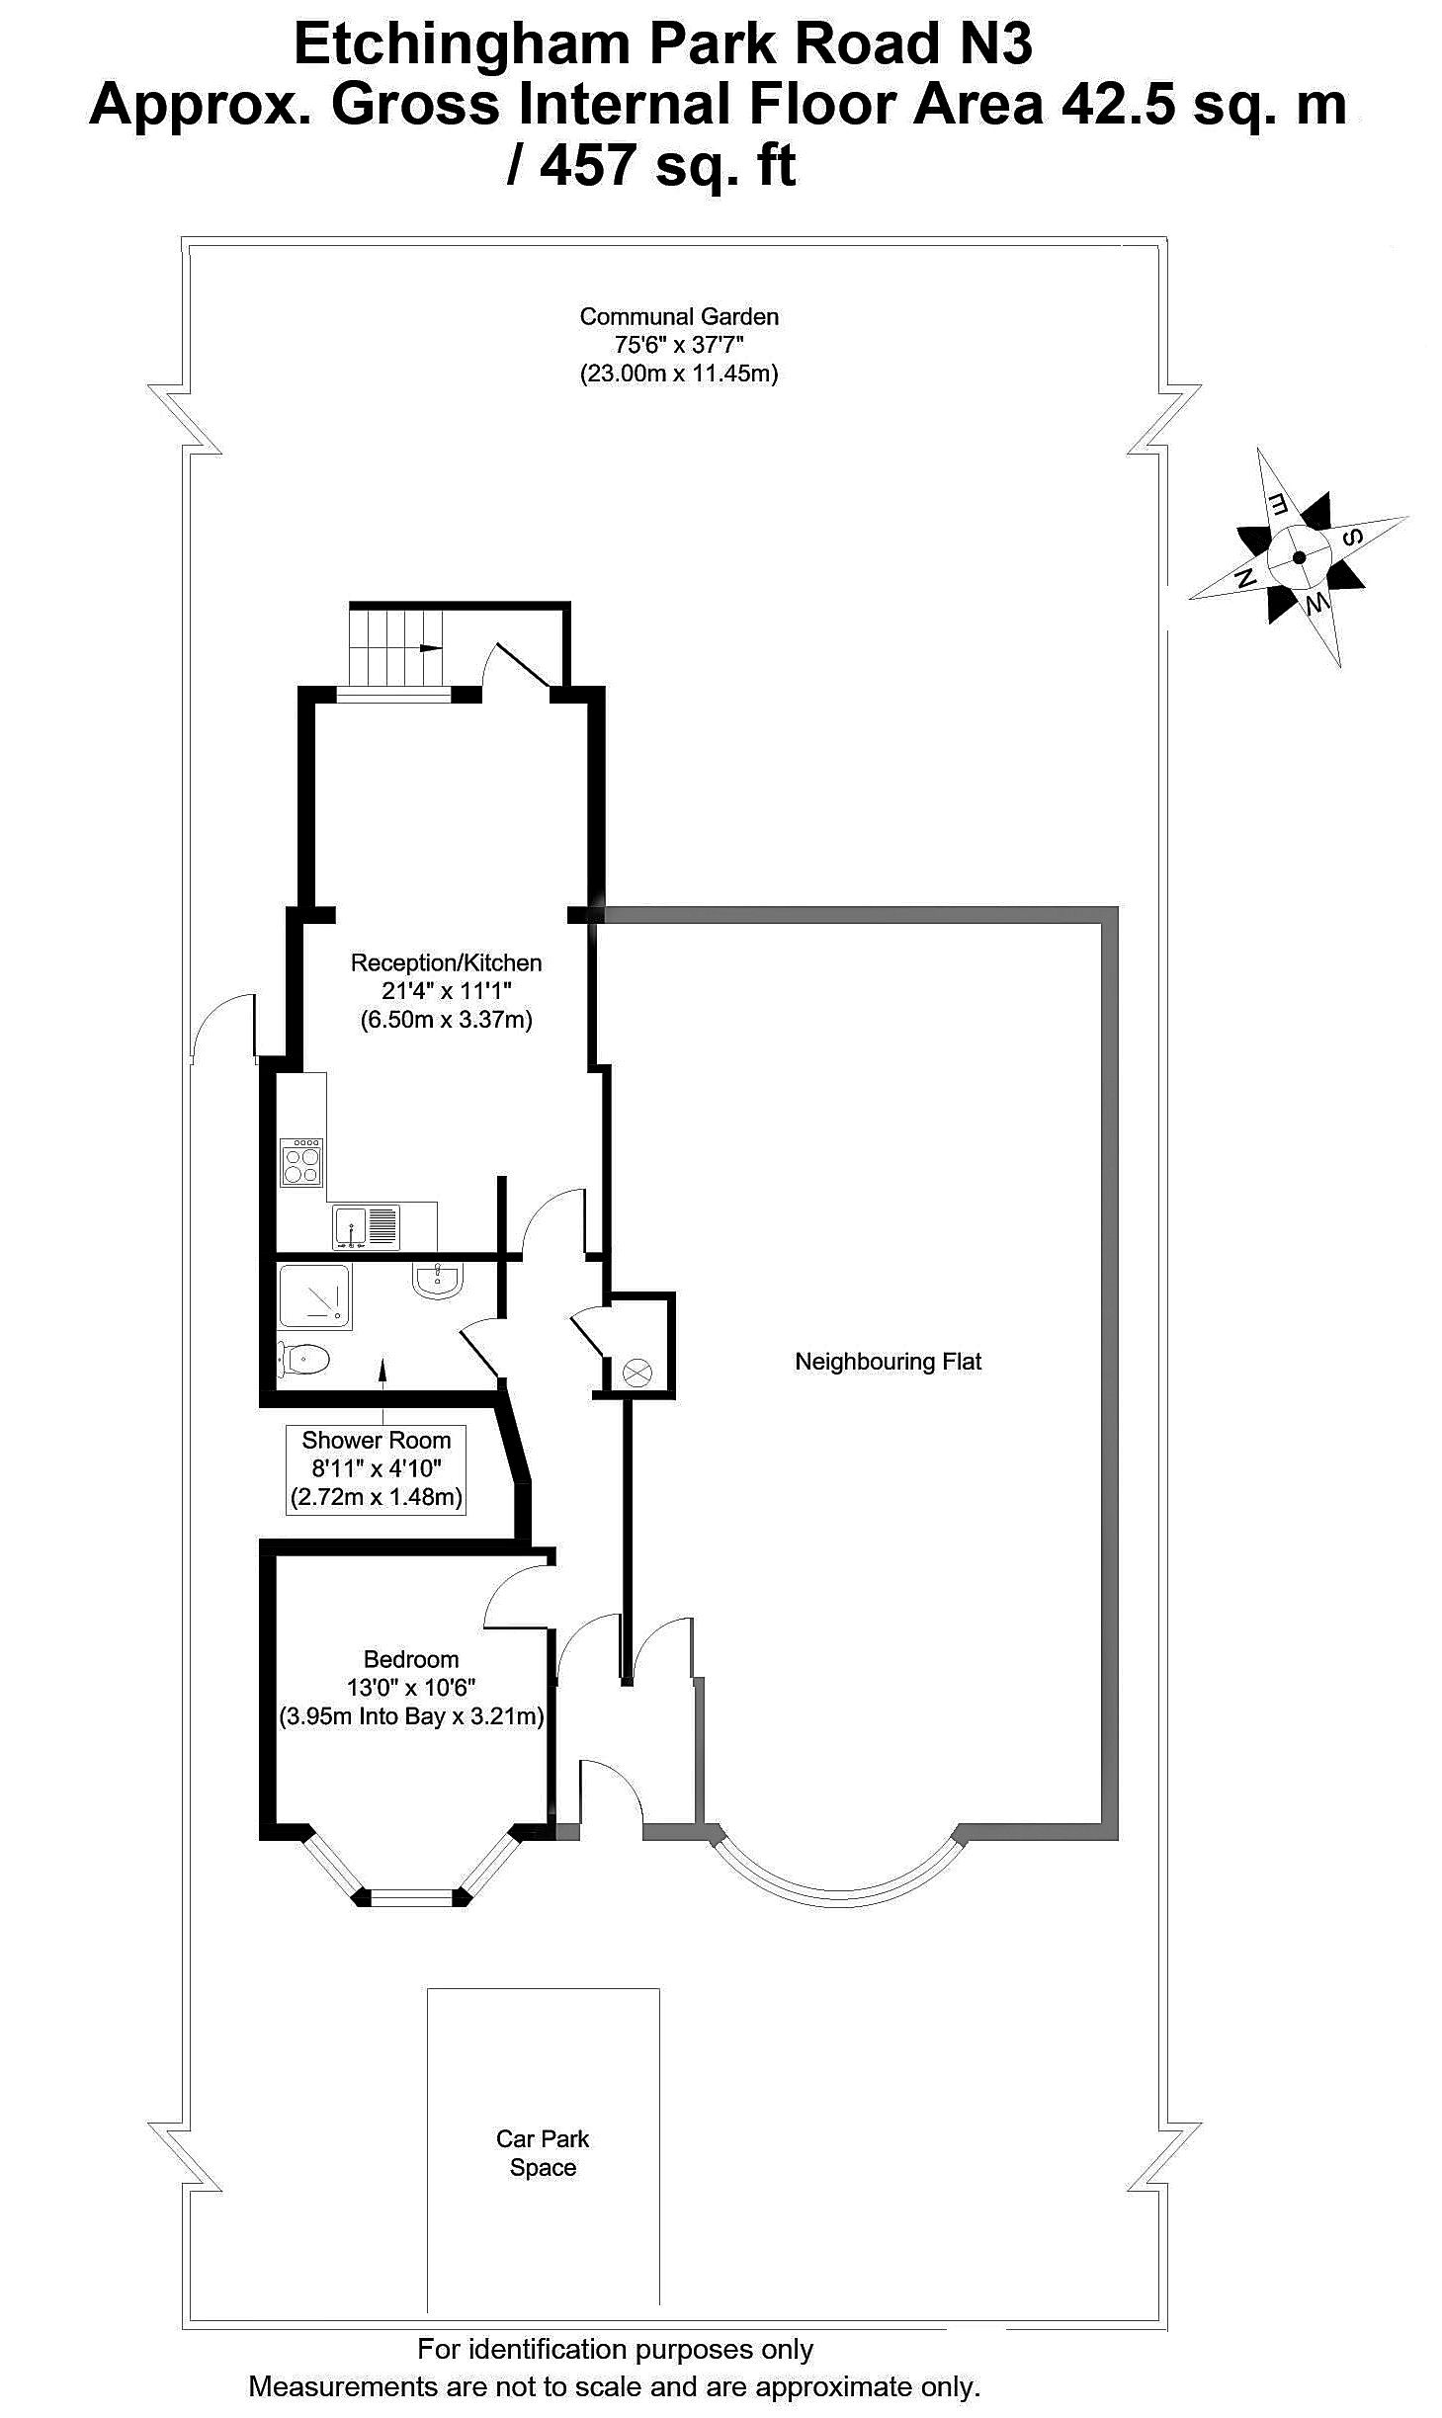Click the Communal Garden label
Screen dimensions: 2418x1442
(x=678, y=317)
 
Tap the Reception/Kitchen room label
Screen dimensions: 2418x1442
(x=446, y=962)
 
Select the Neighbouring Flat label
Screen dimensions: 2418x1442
(x=888, y=1362)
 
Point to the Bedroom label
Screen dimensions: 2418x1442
(x=411, y=1659)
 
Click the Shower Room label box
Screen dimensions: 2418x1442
(x=376, y=1468)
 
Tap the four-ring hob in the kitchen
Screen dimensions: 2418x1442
(x=301, y=1162)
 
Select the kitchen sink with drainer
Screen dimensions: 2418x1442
(x=366, y=1226)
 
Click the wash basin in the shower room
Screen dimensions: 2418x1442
(x=436, y=1281)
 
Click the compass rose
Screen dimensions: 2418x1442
(x=1298, y=556)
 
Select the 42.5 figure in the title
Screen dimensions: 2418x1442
(x=1117, y=105)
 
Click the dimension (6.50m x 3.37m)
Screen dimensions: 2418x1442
(x=446, y=1020)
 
